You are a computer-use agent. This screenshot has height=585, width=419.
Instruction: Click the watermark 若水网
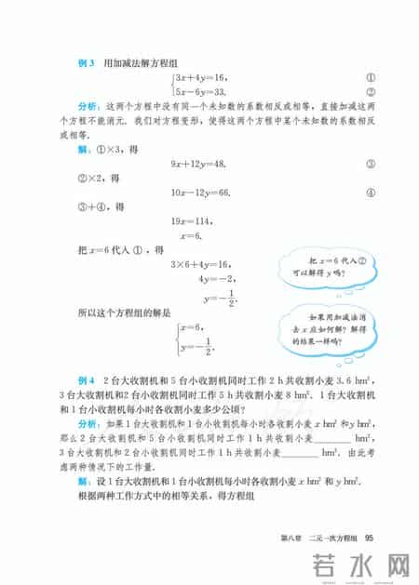352,565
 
